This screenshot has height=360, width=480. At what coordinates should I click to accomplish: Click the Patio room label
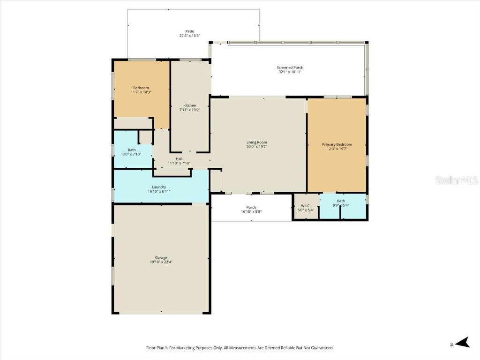click(x=189, y=31)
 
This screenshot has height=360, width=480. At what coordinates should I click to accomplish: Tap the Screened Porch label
click(x=290, y=67)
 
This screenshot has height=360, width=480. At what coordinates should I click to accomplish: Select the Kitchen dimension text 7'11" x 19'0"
click(x=190, y=110)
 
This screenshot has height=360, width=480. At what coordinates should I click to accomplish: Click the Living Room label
click(x=256, y=142)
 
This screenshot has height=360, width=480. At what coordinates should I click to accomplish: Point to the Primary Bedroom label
click(x=337, y=144)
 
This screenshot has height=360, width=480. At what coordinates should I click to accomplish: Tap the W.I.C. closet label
click(x=306, y=205)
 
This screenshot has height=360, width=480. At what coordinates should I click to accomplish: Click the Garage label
click(x=161, y=257)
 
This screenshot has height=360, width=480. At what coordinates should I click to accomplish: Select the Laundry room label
click(x=159, y=187)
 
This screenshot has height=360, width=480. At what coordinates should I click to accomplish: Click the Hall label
click(x=179, y=159)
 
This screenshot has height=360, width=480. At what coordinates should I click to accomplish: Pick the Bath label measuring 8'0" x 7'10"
click(x=132, y=150)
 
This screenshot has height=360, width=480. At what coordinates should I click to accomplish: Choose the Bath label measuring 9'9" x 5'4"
click(x=341, y=201)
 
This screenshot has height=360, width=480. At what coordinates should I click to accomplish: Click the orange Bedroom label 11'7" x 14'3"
click(x=141, y=88)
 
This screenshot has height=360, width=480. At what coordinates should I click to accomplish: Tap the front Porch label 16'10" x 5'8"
click(x=251, y=207)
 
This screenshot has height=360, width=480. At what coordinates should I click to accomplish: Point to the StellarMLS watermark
click(x=456, y=180)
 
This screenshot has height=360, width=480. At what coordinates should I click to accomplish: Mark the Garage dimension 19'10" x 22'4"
click(x=161, y=262)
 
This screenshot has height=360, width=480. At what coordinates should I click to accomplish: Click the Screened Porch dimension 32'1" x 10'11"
click(x=290, y=72)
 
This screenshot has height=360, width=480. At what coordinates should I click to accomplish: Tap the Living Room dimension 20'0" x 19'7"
click(x=256, y=147)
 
